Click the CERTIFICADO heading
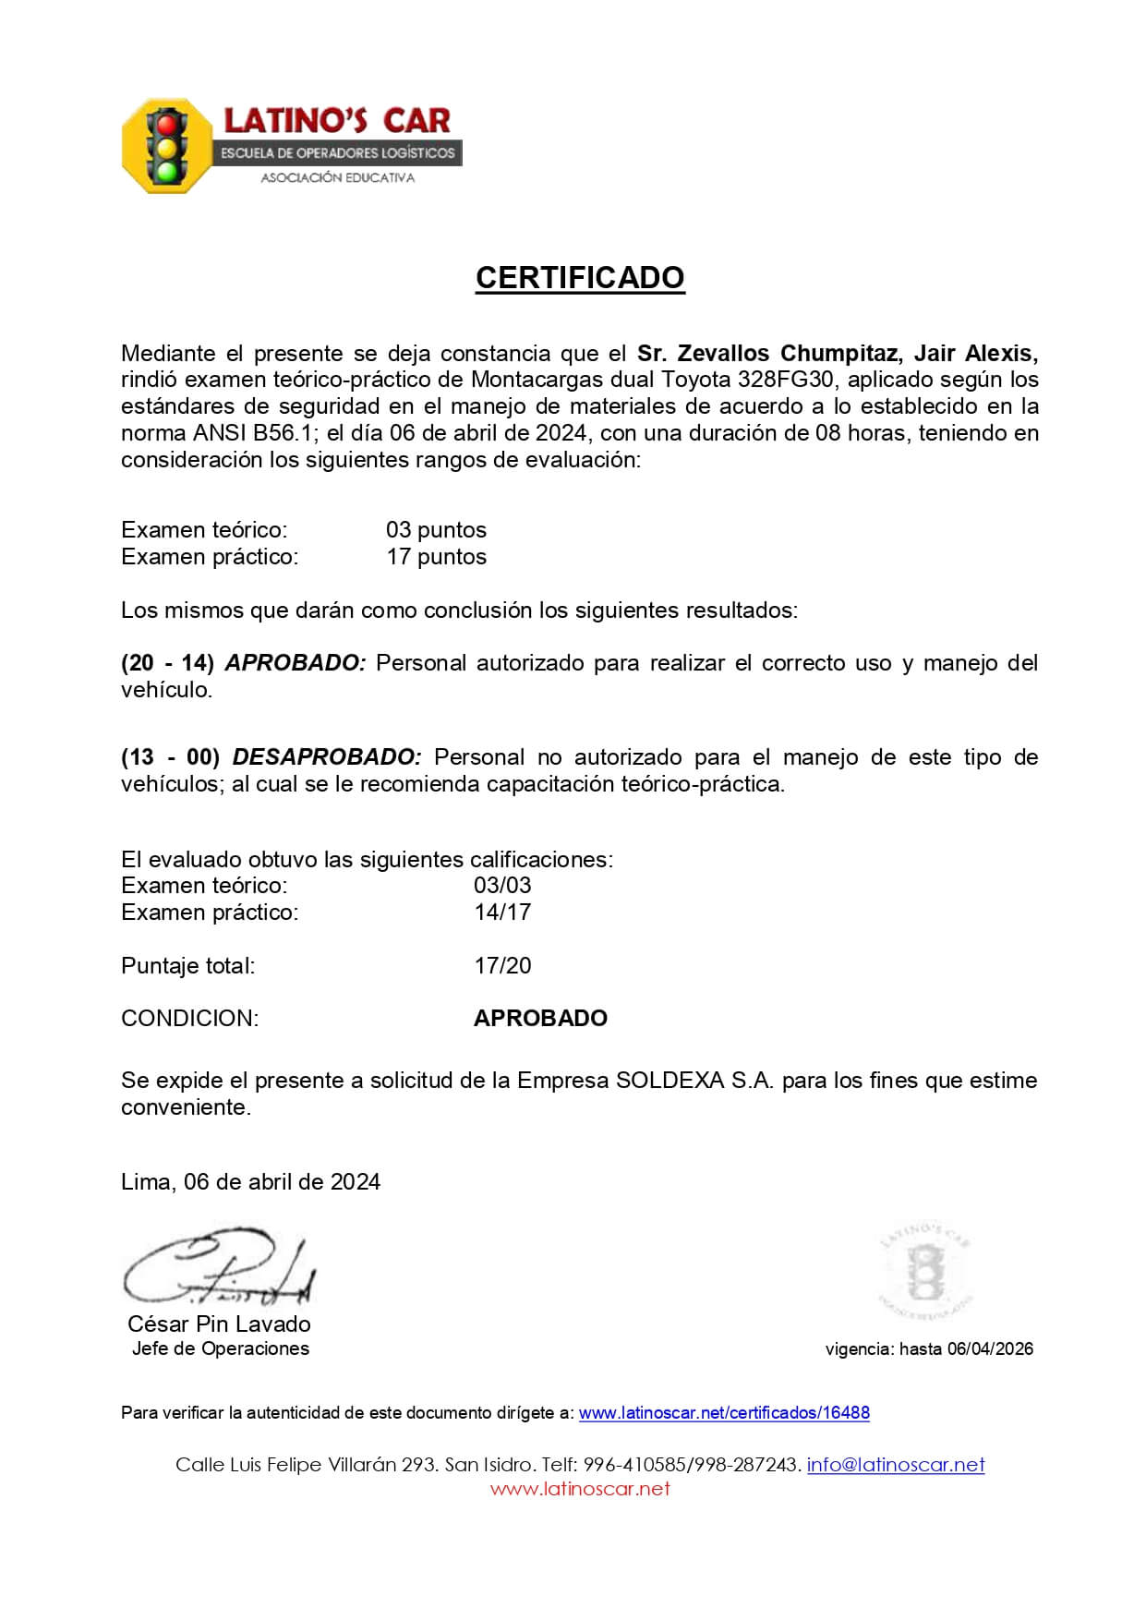580,278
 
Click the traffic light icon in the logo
167,146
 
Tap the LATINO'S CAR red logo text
337,120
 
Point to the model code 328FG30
787,380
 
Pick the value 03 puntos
436,530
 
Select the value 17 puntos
436,557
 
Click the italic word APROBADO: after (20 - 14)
296,663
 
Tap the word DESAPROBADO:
327,757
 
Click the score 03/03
502,885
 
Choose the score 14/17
502,912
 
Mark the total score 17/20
502,966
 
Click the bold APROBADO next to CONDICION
540,1019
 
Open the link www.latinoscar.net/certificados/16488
724,1413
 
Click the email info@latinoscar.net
896,1465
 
